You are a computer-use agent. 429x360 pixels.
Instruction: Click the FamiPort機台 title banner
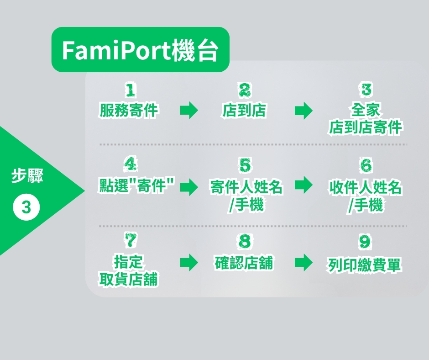(141, 50)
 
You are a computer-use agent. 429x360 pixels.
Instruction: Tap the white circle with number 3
(26, 207)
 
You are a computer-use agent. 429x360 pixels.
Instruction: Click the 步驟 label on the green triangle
(27, 175)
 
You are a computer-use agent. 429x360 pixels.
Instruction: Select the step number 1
(130, 90)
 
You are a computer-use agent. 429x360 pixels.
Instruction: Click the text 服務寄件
(129, 111)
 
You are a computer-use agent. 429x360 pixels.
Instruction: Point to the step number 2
(244, 90)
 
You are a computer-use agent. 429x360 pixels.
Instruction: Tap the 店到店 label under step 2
(244, 111)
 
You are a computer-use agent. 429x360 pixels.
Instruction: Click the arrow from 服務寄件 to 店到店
(189, 111)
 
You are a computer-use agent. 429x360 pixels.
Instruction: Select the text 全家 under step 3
(366, 110)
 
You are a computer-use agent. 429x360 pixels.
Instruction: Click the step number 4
(130, 164)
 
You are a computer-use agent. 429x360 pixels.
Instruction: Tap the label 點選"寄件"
(136, 186)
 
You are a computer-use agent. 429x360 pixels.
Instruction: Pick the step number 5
(245, 165)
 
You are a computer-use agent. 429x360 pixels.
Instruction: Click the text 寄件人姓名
(246, 187)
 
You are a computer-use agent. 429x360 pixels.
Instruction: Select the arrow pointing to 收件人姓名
(303, 185)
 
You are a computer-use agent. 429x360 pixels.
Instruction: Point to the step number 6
(366, 165)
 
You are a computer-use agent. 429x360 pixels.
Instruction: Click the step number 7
(131, 240)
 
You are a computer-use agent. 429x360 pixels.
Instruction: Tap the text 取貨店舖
(129, 280)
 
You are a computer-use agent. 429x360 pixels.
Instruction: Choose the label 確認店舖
(244, 263)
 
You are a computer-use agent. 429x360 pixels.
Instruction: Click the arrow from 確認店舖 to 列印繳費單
(303, 263)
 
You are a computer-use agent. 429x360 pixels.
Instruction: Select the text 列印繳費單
(364, 265)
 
